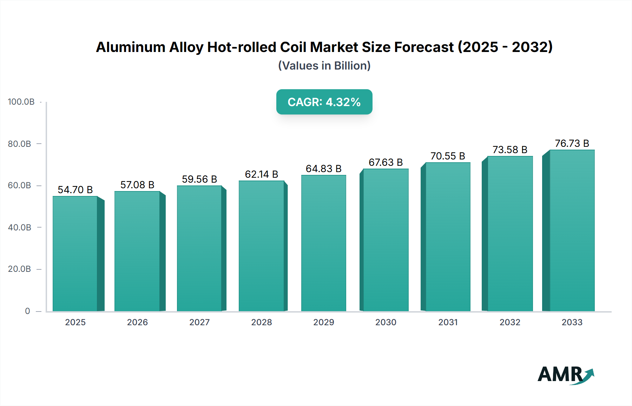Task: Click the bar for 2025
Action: (75, 254)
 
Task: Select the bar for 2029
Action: (323, 243)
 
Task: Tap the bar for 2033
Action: (572, 230)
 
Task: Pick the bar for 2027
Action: (199, 248)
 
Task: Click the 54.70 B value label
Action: (75, 190)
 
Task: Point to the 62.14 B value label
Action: (261, 174)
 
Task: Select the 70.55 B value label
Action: (448, 156)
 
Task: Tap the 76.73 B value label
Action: (572, 143)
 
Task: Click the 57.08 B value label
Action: (137, 185)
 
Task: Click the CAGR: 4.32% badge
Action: (324, 102)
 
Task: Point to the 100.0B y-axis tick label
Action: (21, 102)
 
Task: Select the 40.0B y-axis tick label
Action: (20, 228)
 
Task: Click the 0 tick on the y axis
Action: (27, 311)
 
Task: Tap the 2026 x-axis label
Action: (137, 322)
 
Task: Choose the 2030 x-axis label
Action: (386, 322)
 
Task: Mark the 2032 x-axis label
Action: (510, 322)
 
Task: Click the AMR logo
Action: (565, 375)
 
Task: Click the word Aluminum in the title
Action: (131, 47)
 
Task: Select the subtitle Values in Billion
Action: (324, 66)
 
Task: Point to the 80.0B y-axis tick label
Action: (20, 144)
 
